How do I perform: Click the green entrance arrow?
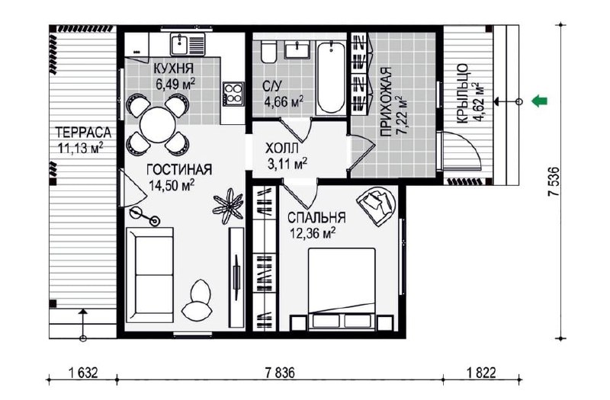coord(540,101)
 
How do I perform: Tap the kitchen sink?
coord(188,44)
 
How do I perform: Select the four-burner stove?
coord(233,94)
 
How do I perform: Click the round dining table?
coord(158,125)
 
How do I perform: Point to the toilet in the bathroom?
coord(268,52)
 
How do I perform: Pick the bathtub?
coord(330,78)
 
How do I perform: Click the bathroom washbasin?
coord(297,50)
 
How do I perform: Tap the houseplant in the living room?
coord(228,206)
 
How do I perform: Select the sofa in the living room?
coord(150,275)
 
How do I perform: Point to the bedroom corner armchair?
coord(376,206)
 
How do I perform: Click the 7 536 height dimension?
coord(554,182)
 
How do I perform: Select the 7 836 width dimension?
coord(280,373)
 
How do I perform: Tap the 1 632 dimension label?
coord(83,373)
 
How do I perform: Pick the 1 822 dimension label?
coord(481,373)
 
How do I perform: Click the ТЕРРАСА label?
coord(83,133)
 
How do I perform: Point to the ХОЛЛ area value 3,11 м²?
coord(287,164)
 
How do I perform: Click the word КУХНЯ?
coord(174,69)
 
